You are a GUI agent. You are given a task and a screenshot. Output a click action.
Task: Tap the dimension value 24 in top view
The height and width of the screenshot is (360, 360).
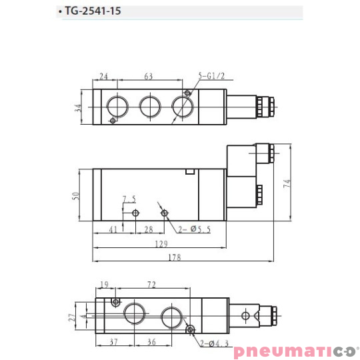pyautogui.click(x=104, y=76)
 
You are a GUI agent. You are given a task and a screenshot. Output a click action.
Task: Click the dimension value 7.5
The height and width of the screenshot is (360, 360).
pyautogui.click(x=129, y=199)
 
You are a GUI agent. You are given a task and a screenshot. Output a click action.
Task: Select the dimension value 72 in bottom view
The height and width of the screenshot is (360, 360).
pyautogui.click(x=151, y=285)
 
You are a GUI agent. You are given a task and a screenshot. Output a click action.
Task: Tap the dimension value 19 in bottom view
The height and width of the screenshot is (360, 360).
pyautogui.click(x=103, y=285)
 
